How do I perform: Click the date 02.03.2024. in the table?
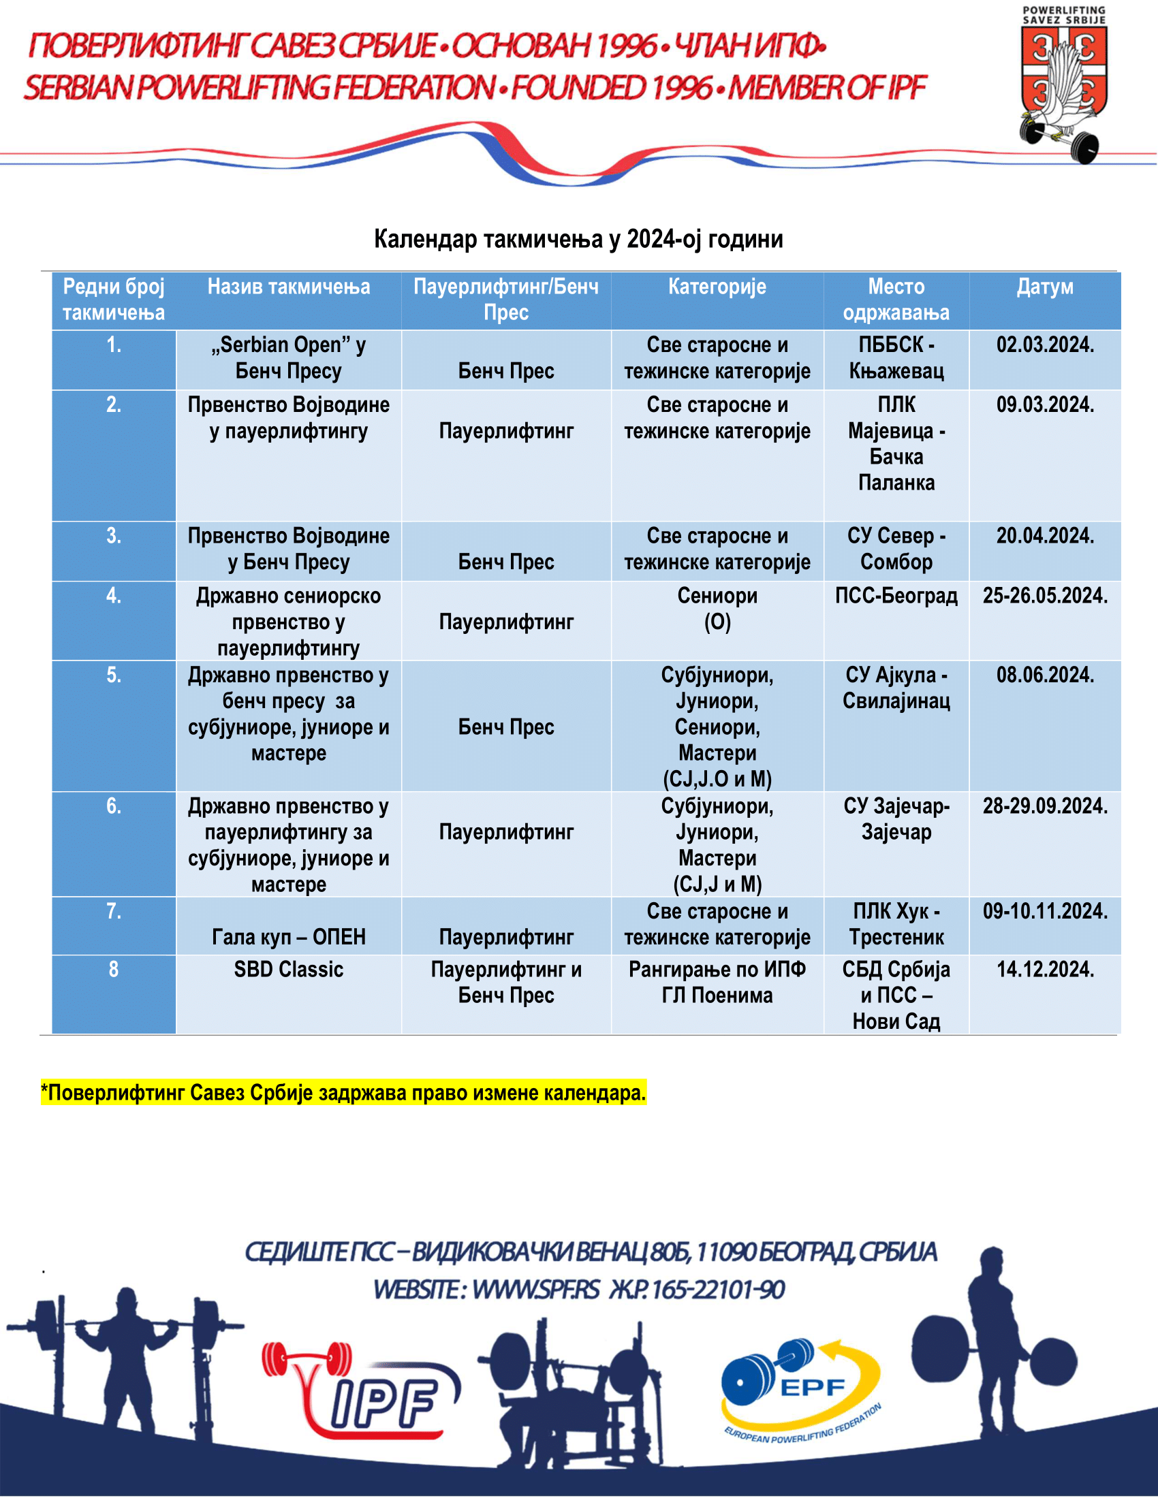(1044, 345)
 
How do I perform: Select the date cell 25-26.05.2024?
(1044, 595)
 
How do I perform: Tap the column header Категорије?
(717, 287)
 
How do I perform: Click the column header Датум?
(1044, 287)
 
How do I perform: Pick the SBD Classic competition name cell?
(288, 969)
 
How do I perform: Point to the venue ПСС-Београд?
(896, 595)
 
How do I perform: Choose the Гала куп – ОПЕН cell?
(288, 937)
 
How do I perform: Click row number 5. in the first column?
(113, 675)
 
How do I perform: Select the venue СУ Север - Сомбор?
(896, 549)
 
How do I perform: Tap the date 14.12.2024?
(1044, 969)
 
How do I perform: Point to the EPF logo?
(799, 1389)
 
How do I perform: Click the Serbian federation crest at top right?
(1063, 86)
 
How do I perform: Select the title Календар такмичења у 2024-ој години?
(578, 239)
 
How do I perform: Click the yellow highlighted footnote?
(343, 1093)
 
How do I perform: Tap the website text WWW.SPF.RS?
(536, 1290)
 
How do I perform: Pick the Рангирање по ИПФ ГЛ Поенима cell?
(717, 982)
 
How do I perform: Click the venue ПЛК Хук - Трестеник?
(896, 924)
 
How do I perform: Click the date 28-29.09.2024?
(1044, 806)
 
